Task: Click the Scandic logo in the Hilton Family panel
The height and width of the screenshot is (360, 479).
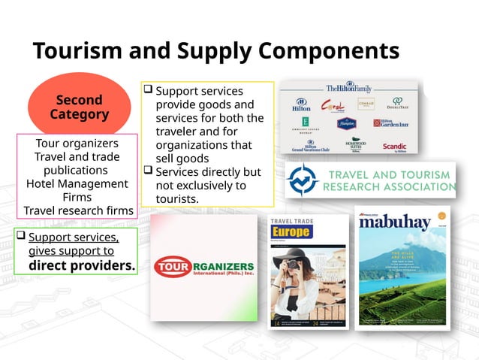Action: coord(394,147)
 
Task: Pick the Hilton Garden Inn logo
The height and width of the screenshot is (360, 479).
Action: coord(391,123)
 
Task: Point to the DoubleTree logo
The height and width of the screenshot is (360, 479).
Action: coord(398,104)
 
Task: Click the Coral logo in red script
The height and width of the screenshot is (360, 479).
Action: coord(333,106)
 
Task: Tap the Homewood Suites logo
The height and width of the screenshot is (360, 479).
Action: coord(356,144)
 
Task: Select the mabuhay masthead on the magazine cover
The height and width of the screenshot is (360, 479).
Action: coord(397,223)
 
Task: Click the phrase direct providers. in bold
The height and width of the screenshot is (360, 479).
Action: coord(82,265)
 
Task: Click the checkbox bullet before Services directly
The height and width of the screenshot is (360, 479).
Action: coord(148,171)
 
